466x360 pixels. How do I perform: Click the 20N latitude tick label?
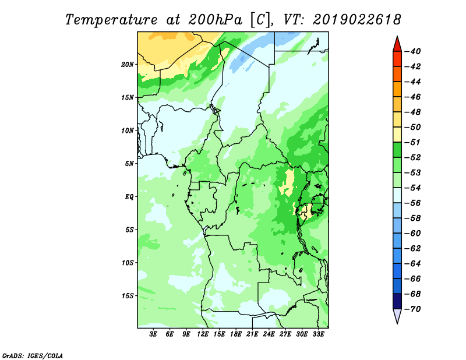(127, 65)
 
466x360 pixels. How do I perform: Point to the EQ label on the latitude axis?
(129, 197)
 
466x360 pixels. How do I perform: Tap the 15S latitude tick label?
(128, 296)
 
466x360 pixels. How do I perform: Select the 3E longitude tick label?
(153, 334)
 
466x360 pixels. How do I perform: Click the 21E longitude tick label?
(252, 334)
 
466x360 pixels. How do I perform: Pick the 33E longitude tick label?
(318, 334)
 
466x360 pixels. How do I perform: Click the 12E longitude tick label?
(203, 334)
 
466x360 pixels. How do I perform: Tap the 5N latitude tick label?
(129, 164)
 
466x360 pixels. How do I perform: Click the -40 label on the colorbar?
(413, 51)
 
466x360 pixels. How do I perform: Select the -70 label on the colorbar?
(413, 309)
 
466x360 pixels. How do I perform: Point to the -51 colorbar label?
(413, 142)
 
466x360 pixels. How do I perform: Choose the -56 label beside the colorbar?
(413, 203)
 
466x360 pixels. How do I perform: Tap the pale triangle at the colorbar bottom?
(397, 315)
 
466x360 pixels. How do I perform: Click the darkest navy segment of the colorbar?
(397, 301)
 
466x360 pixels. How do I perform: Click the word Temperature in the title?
(111, 20)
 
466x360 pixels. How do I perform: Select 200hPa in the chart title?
(215, 20)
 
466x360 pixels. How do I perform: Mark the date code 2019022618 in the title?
(356, 20)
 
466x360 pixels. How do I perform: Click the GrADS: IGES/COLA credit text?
(33, 356)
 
